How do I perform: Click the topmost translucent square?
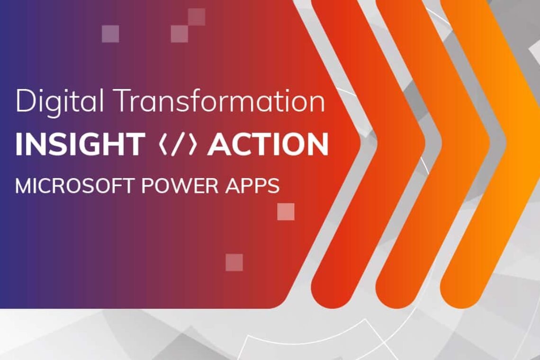(x=197, y=17)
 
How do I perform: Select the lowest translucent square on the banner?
(x=234, y=262)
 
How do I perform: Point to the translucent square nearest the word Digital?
(x=110, y=34)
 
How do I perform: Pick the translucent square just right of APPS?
(x=286, y=212)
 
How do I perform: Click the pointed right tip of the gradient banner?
(x=374, y=142)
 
